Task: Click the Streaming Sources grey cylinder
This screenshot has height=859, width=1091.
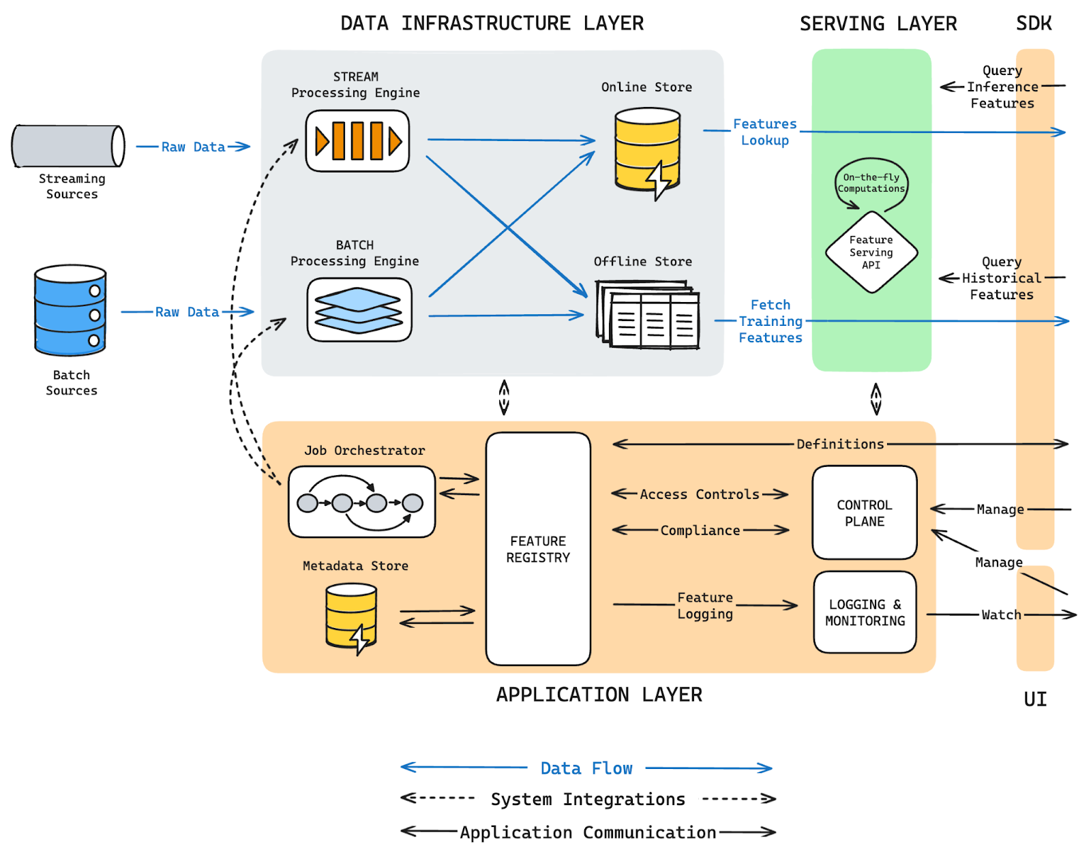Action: pyautogui.click(x=68, y=146)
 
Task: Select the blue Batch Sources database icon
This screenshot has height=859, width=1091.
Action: pyautogui.click(x=70, y=311)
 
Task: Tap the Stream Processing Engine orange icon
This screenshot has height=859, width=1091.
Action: pyautogui.click(x=357, y=141)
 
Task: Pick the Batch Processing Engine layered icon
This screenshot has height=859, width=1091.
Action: pyautogui.click(x=359, y=310)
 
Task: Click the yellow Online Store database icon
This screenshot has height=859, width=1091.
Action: pyautogui.click(x=647, y=150)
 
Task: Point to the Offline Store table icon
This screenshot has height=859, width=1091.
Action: pyautogui.click(x=648, y=316)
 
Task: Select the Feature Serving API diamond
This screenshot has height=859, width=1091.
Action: pyautogui.click(x=871, y=252)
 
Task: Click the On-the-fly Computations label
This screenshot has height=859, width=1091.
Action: pyautogui.click(x=871, y=183)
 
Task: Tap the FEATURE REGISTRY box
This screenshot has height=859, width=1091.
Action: pyautogui.click(x=538, y=549)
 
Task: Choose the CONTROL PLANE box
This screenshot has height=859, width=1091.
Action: pyautogui.click(x=864, y=513)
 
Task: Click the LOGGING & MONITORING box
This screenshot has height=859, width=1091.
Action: pyautogui.click(x=865, y=612)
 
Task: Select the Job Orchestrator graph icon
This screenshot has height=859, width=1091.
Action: pyautogui.click(x=361, y=502)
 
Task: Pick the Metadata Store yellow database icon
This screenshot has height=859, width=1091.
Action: pyautogui.click(x=351, y=616)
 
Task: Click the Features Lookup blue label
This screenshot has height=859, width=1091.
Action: pyautogui.click(x=764, y=132)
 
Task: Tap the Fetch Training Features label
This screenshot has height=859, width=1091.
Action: pyautogui.click(x=771, y=321)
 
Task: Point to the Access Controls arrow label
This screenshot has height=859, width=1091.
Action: pyautogui.click(x=699, y=494)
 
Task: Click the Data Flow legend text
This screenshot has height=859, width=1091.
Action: pyautogui.click(x=586, y=768)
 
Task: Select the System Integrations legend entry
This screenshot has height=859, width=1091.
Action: pyautogui.click(x=588, y=799)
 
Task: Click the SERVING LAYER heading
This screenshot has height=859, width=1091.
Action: pyautogui.click(x=878, y=24)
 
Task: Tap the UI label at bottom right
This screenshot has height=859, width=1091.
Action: pyautogui.click(x=1034, y=699)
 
